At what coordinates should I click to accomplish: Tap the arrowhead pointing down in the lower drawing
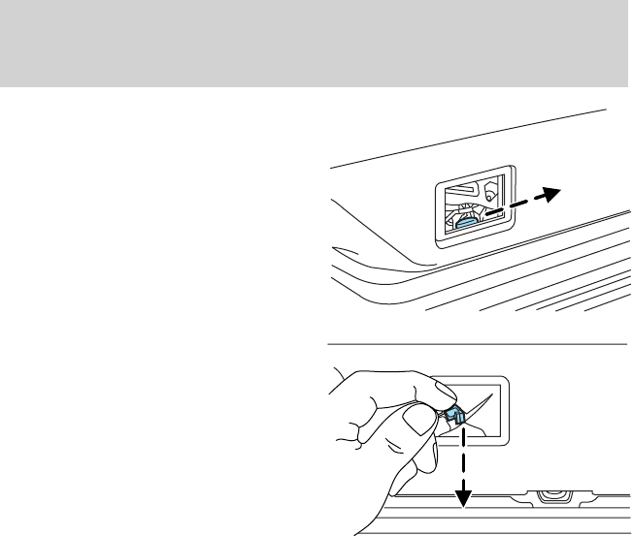coord(464,497)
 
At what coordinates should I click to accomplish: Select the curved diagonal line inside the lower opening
coord(490,412)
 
